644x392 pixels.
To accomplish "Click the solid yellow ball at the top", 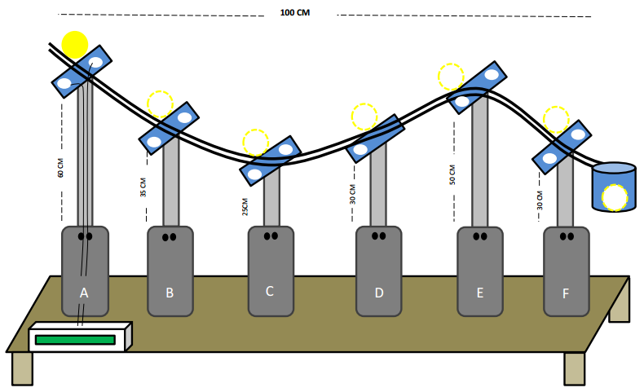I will click(74, 44).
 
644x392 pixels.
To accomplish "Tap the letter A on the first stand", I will click(84, 292).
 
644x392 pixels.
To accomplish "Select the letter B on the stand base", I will click(170, 292).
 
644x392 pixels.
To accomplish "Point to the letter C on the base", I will click(270, 291).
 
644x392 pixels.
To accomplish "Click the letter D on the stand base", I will click(379, 292).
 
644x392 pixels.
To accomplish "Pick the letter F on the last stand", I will click(566, 292).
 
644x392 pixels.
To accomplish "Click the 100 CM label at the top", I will click(294, 13).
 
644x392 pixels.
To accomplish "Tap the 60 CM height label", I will click(61, 169).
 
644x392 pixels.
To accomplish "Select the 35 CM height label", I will click(143, 188).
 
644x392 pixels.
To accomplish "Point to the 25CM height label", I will click(245, 207).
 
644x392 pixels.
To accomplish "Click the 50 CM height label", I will click(452, 175).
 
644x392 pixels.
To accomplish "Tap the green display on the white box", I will click(74, 339).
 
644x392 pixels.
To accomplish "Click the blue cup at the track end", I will click(613, 187).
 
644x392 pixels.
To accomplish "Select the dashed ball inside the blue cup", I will click(615, 197).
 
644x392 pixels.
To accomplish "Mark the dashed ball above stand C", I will click(255, 143).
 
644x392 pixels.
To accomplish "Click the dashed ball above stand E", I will click(451, 77).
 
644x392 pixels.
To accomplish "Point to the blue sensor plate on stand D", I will click(375, 139).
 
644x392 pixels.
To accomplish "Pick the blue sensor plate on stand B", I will click(170, 128).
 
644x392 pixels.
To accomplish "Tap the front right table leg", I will click(574, 368).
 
